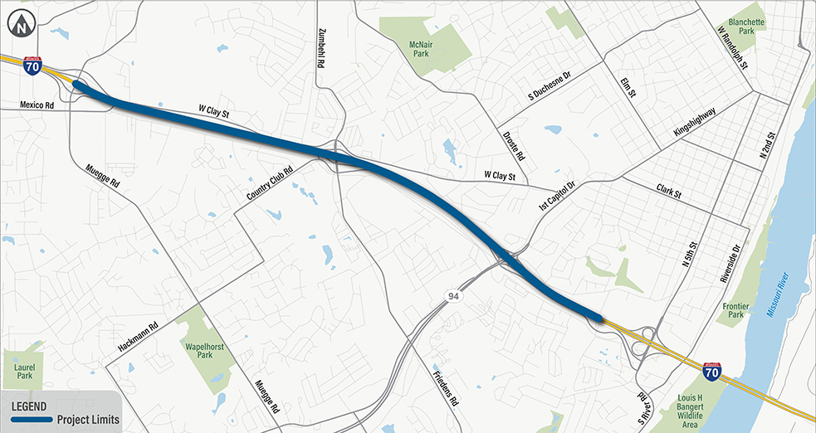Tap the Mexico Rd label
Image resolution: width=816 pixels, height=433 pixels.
pyautogui.click(x=37, y=105)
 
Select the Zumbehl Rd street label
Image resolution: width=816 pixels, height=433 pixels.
pyautogui.click(x=322, y=45)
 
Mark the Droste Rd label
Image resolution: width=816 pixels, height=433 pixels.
pyautogui.click(x=514, y=144)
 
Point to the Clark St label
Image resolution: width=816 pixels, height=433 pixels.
pyautogui.click(x=668, y=192)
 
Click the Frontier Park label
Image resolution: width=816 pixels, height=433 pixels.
pyautogui.click(x=735, y=311)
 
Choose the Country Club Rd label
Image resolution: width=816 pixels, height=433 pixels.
pyautogui.click(x=271, y=183)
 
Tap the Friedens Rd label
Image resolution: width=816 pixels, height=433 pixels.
pyautogui.click(x=445, y=386)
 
